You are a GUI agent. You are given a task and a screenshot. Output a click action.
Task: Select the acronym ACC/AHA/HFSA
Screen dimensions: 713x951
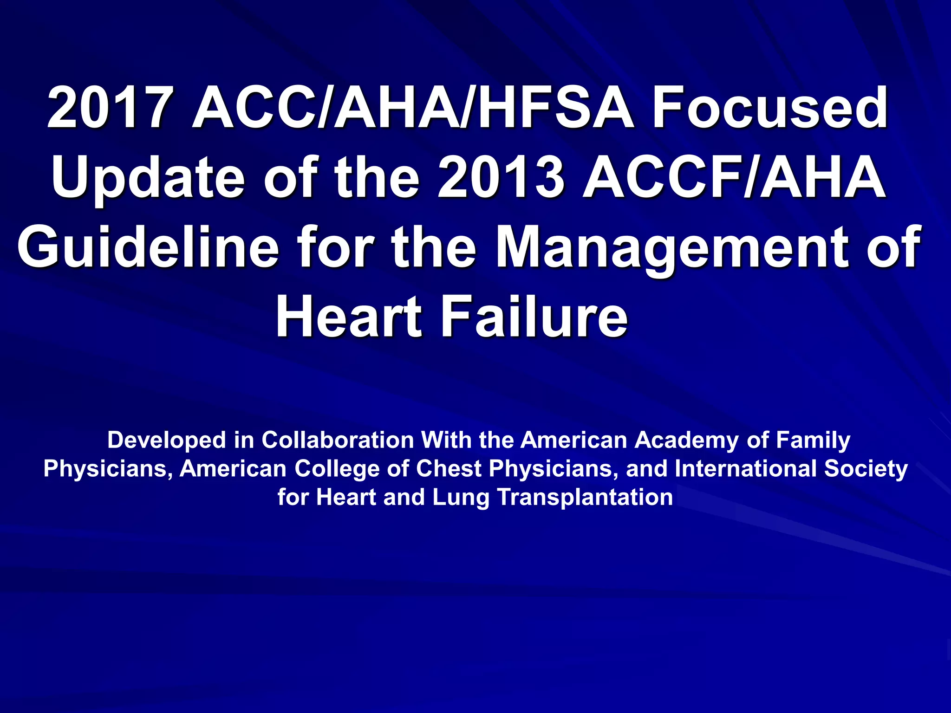click(x=413, y=108)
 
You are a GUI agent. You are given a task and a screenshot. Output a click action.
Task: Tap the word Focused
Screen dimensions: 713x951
click(x=770, y=108)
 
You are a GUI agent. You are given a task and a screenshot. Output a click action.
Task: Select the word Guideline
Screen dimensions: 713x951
click(x=148, y=247)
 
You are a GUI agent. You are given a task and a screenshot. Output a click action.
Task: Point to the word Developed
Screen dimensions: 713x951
click(x=167, y=440)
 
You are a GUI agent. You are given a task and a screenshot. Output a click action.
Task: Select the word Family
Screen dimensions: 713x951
click(x=813, y=440)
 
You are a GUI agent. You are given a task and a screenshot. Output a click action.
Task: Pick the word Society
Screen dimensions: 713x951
click(x=866, y=469)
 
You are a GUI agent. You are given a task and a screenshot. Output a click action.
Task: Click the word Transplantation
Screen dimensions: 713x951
click(x=585, y=498)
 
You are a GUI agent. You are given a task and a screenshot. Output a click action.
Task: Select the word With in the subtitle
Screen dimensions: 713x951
click(x=447, y=440)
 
